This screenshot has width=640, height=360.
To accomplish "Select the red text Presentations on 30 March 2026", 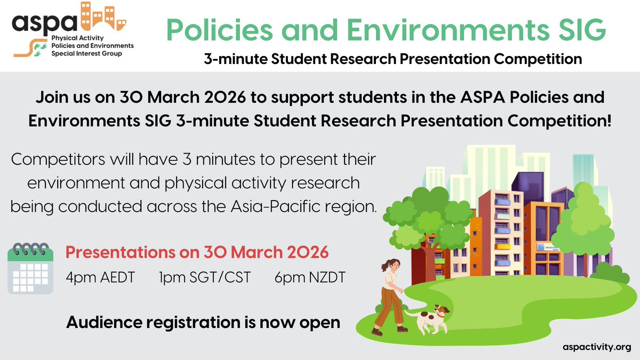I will tap(197, 252).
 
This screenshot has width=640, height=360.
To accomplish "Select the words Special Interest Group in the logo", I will tap(86, 54).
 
